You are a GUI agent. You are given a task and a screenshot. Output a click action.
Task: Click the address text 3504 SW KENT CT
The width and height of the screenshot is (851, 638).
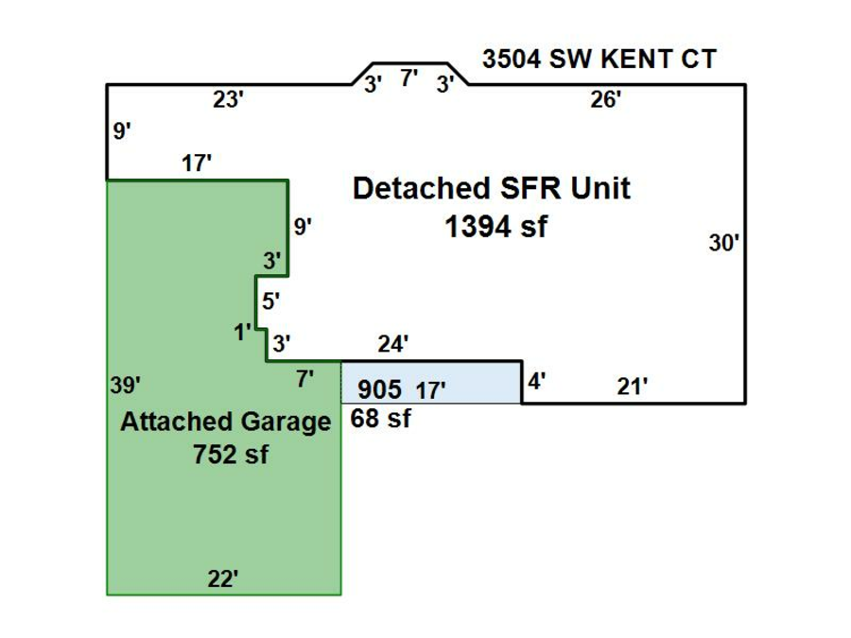click(599, 60)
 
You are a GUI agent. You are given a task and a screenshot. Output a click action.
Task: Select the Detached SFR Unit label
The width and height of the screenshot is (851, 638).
click(491, 188)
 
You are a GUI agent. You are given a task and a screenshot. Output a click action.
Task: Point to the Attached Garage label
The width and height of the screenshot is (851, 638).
click(225, 422)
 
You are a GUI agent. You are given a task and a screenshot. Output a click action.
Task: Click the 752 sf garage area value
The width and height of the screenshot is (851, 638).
click(230, 454)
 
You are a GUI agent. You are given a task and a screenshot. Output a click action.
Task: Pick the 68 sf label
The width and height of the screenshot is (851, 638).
click(380, 418)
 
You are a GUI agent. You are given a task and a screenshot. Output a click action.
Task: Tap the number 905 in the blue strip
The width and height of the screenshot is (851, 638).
click(380, 388)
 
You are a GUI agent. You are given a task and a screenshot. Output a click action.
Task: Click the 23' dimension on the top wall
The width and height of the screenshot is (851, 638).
click(228, 100)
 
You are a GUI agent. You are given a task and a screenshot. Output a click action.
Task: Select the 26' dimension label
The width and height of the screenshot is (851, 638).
click(605, 100)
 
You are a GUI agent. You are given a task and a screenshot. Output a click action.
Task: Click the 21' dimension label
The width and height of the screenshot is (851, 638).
click(633, 386)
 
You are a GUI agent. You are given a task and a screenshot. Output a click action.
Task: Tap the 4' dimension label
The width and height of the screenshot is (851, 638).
click(536, 383)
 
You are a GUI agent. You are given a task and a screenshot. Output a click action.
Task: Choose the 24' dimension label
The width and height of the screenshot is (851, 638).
click(392, 345)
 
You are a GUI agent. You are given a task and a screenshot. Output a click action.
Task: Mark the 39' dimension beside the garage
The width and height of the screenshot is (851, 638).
click(125, 386)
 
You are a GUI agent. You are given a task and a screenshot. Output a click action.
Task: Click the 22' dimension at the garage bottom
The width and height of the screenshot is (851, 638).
click(223, 579)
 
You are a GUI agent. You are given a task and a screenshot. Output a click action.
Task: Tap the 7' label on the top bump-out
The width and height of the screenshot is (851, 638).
click(409, 78)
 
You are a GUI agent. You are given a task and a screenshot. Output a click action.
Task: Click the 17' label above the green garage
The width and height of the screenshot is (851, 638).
click(196, 164)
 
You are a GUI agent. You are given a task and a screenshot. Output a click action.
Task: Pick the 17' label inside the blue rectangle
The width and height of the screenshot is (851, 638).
click(430, 389)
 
